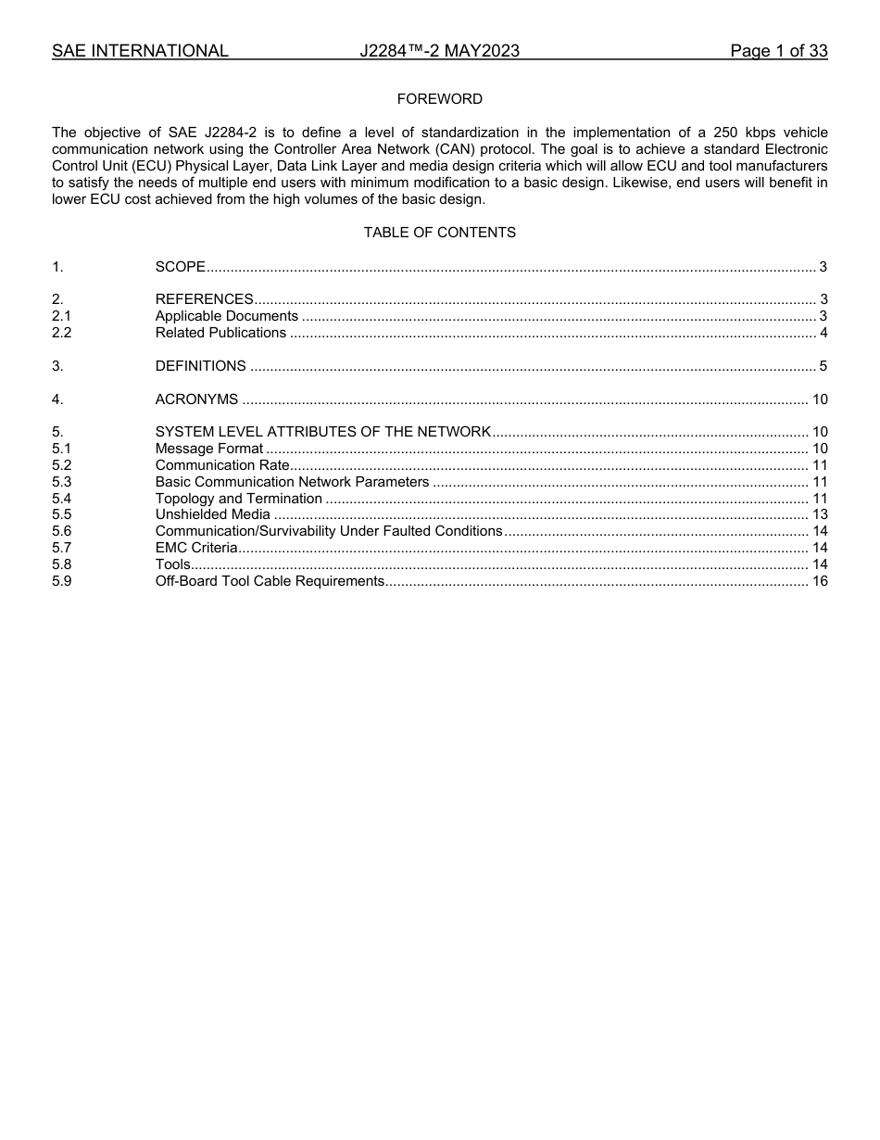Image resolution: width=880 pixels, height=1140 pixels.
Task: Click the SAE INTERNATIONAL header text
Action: tap(140, 51)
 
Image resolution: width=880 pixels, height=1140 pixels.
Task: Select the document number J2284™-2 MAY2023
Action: tap(439, 51)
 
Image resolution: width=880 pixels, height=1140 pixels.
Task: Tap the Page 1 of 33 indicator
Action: tap(778, 51)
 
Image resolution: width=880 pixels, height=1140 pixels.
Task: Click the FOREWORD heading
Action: tap(439, 99)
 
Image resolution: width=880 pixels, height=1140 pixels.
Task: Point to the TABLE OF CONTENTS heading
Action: tap(439, 233)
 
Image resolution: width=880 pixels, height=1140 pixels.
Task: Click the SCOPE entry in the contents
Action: tap(181, 267)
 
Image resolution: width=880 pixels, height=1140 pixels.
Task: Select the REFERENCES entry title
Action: tap(204, 299)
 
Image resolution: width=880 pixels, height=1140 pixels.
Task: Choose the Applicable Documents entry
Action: tap(226, 316)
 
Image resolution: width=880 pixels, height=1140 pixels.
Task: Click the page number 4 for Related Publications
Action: tap(823, 333)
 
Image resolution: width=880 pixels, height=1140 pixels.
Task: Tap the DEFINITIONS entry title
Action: tap(200, 366)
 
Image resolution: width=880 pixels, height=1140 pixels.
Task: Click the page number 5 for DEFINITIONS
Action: tap(823, 366)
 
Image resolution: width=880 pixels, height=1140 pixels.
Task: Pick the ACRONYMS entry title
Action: tap(196, 399)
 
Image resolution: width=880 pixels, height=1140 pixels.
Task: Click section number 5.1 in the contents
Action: tap(62, 449)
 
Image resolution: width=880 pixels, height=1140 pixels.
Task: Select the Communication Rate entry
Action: tap(222, 465)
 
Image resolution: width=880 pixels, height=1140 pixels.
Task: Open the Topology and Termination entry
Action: tap(238, 499)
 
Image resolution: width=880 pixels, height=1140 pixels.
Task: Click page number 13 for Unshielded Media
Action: tap(819, 514)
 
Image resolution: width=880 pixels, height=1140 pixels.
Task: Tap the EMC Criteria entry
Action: tap(195, 548)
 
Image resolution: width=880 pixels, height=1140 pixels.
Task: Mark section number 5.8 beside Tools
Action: tap(62, 564)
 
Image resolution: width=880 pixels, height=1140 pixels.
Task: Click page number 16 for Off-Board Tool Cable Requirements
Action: tap(819, 581)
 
